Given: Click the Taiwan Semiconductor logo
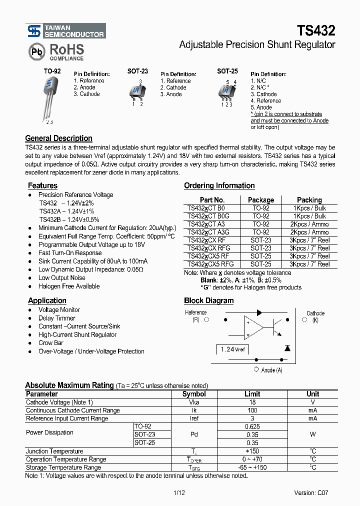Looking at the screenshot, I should [65, 31].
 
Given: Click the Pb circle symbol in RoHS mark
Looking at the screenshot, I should [35, 52].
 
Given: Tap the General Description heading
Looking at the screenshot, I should [58, 138].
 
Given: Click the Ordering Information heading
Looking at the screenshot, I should [219, 186].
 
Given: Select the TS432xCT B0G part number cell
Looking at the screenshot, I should [208, 216].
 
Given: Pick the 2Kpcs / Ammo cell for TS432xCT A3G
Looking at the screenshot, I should [309, 232].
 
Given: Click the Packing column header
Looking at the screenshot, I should [309, 200].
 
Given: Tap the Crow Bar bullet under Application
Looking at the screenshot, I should [50, 343].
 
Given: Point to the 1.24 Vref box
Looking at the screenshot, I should [233, 349].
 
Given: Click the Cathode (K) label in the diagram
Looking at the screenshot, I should [315, 316].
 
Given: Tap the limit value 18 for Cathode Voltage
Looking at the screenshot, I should [252, 402].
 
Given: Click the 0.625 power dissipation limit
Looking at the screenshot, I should [252, 426].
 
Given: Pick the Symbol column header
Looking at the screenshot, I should [194, 394].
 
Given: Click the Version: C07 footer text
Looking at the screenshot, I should [311, 492].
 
